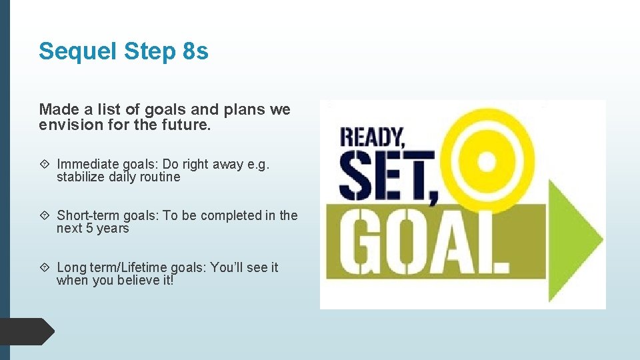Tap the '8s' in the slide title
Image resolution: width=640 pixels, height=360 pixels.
(195, 51)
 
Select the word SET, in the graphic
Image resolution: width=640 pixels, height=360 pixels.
(387, 175)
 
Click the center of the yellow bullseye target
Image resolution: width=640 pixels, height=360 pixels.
(487, 161)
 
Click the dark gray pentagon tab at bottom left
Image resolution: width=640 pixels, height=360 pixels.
(27, 332)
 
